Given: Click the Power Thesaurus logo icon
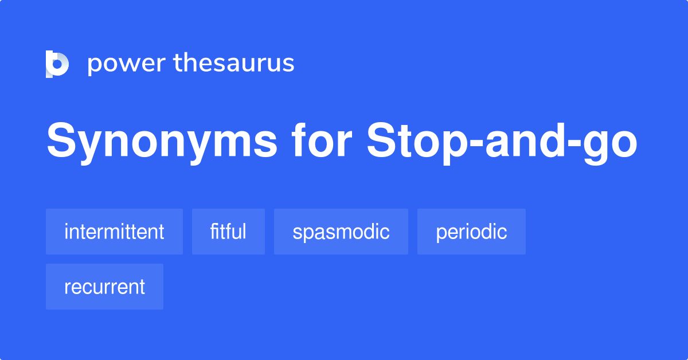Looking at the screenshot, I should point(57,64).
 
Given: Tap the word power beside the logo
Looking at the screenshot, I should point(126,64).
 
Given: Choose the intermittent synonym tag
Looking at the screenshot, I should point(114,232).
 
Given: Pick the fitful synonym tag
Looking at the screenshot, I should point(228,232).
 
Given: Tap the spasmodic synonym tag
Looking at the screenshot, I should point(341,232).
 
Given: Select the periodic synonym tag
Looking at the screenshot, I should point(471,232).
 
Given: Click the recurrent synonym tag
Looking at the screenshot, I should point(104,287).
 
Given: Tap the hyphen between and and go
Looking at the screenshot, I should point(576,146).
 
